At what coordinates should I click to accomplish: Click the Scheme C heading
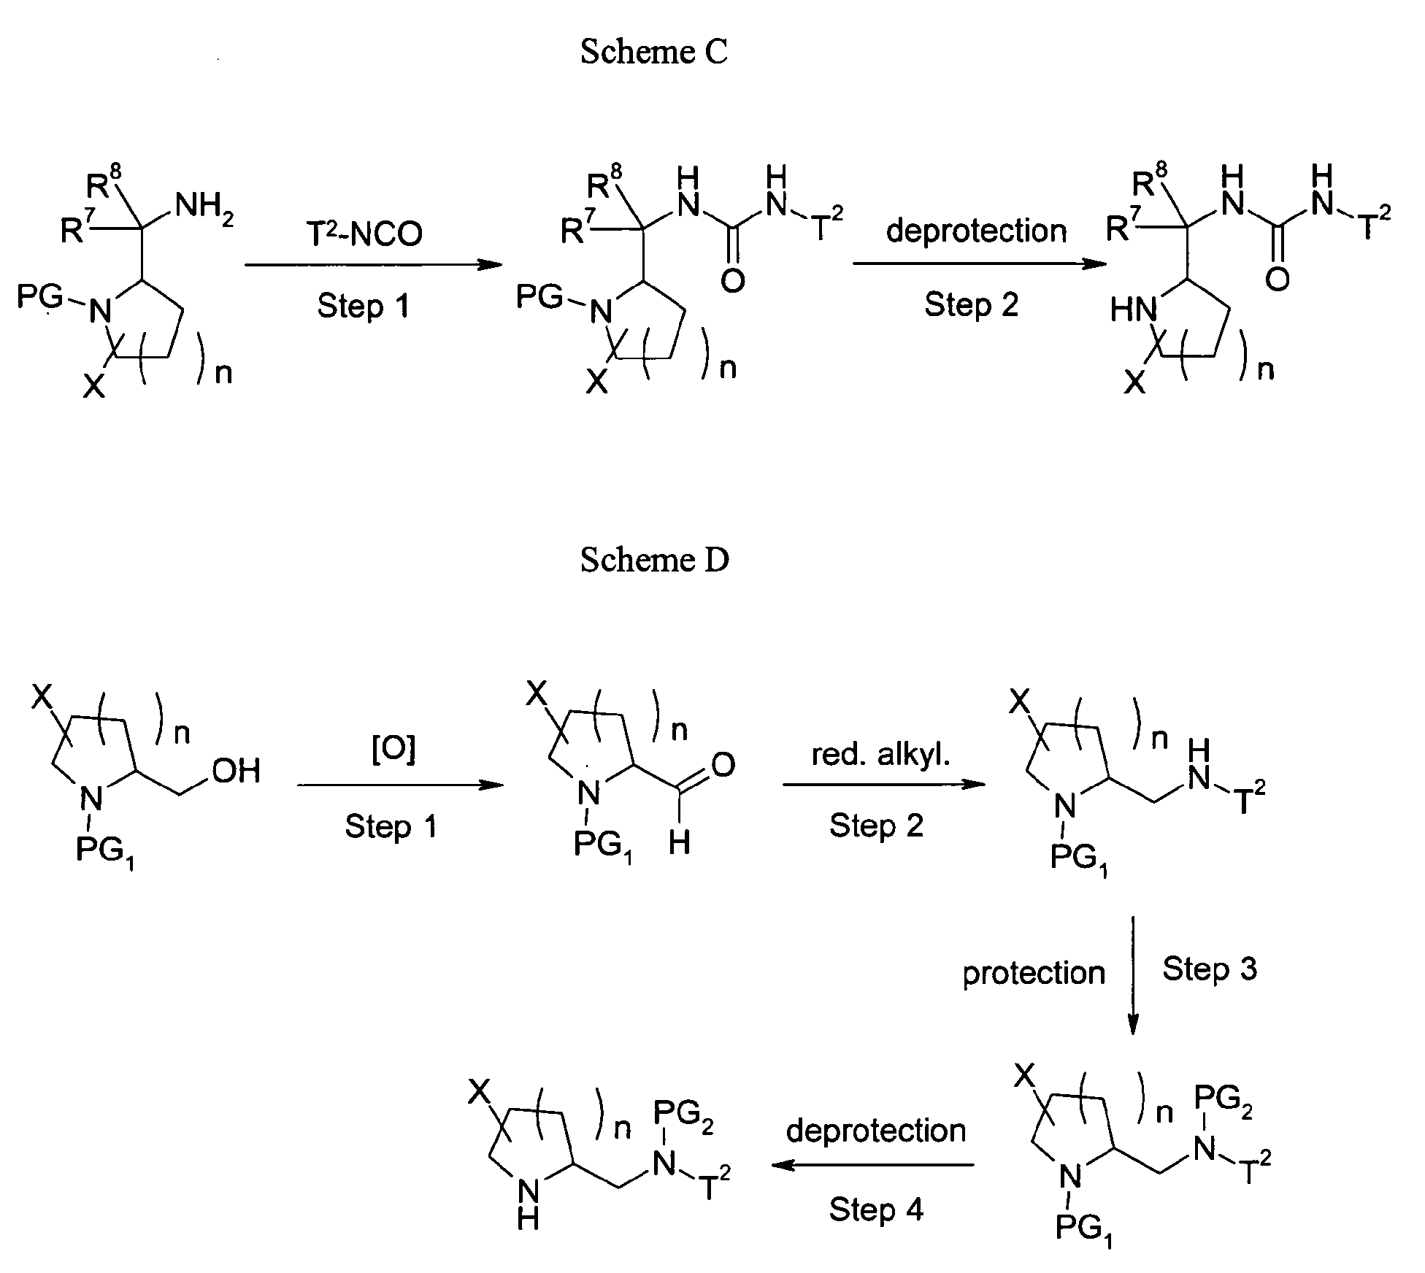654,52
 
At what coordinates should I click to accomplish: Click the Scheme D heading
655,560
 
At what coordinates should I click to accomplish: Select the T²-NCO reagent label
364,232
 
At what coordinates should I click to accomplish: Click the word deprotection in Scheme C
976,231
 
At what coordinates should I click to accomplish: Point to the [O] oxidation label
393,750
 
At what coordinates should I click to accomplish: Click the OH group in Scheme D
236,770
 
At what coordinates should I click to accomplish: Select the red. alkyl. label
881,754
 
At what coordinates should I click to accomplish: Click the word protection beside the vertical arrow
1034,973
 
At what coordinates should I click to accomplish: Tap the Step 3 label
1210,969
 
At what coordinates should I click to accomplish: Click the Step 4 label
876,1209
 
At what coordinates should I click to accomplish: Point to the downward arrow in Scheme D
1132,975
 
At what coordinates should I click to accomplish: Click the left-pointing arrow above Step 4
872,1165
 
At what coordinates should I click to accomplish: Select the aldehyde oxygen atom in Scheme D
722,764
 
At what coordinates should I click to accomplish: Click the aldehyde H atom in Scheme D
679,843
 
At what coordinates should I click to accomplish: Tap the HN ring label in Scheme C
1134,309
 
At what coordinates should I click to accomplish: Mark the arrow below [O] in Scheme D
401,785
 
